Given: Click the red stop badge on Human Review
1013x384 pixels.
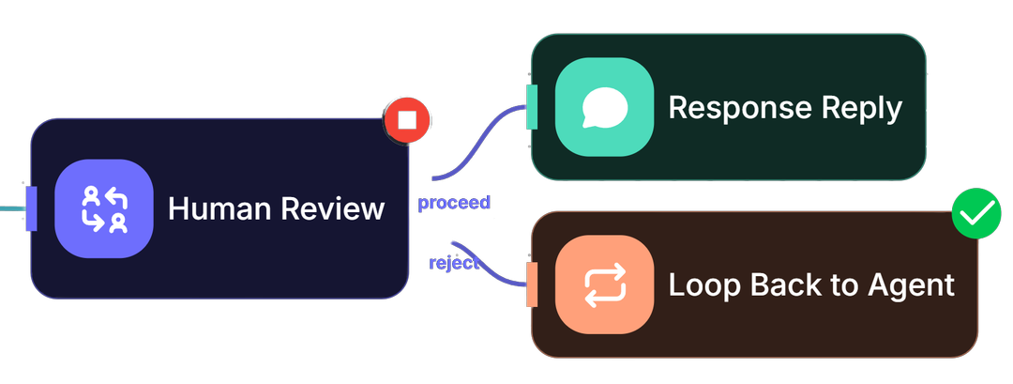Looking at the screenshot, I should (406, 119).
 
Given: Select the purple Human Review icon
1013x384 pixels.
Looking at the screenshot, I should (103, 208).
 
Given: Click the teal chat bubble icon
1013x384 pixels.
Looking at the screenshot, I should (604, 107).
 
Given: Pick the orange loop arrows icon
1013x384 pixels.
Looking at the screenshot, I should (604, 284).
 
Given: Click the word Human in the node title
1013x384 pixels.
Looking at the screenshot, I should (216, 208).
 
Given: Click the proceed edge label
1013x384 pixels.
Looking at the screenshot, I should (454, 203).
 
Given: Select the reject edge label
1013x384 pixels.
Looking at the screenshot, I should (453, 263).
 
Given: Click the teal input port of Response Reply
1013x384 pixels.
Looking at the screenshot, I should (532, 107).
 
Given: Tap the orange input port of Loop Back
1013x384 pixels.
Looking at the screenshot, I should (532, 284).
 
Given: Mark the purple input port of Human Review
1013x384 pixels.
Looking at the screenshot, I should (31, 208).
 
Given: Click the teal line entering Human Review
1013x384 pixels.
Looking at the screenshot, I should (11, 207).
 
